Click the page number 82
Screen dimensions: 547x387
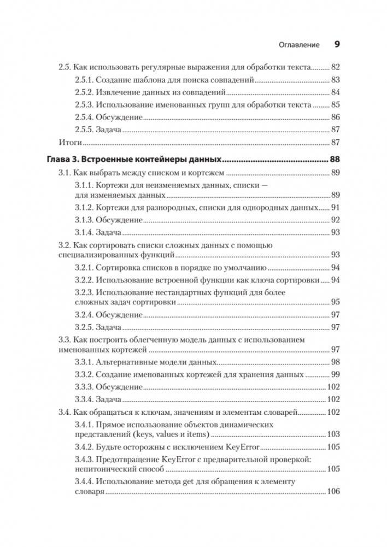[x=336, y=67]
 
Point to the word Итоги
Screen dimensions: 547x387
[x=70, y=143]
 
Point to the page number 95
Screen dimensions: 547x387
[x=336, y=302]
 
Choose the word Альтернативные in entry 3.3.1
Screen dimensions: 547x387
[x=124, y=362]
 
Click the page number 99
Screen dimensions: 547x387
[x=336, y=375]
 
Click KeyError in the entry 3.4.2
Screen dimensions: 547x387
[x=241, y=447]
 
